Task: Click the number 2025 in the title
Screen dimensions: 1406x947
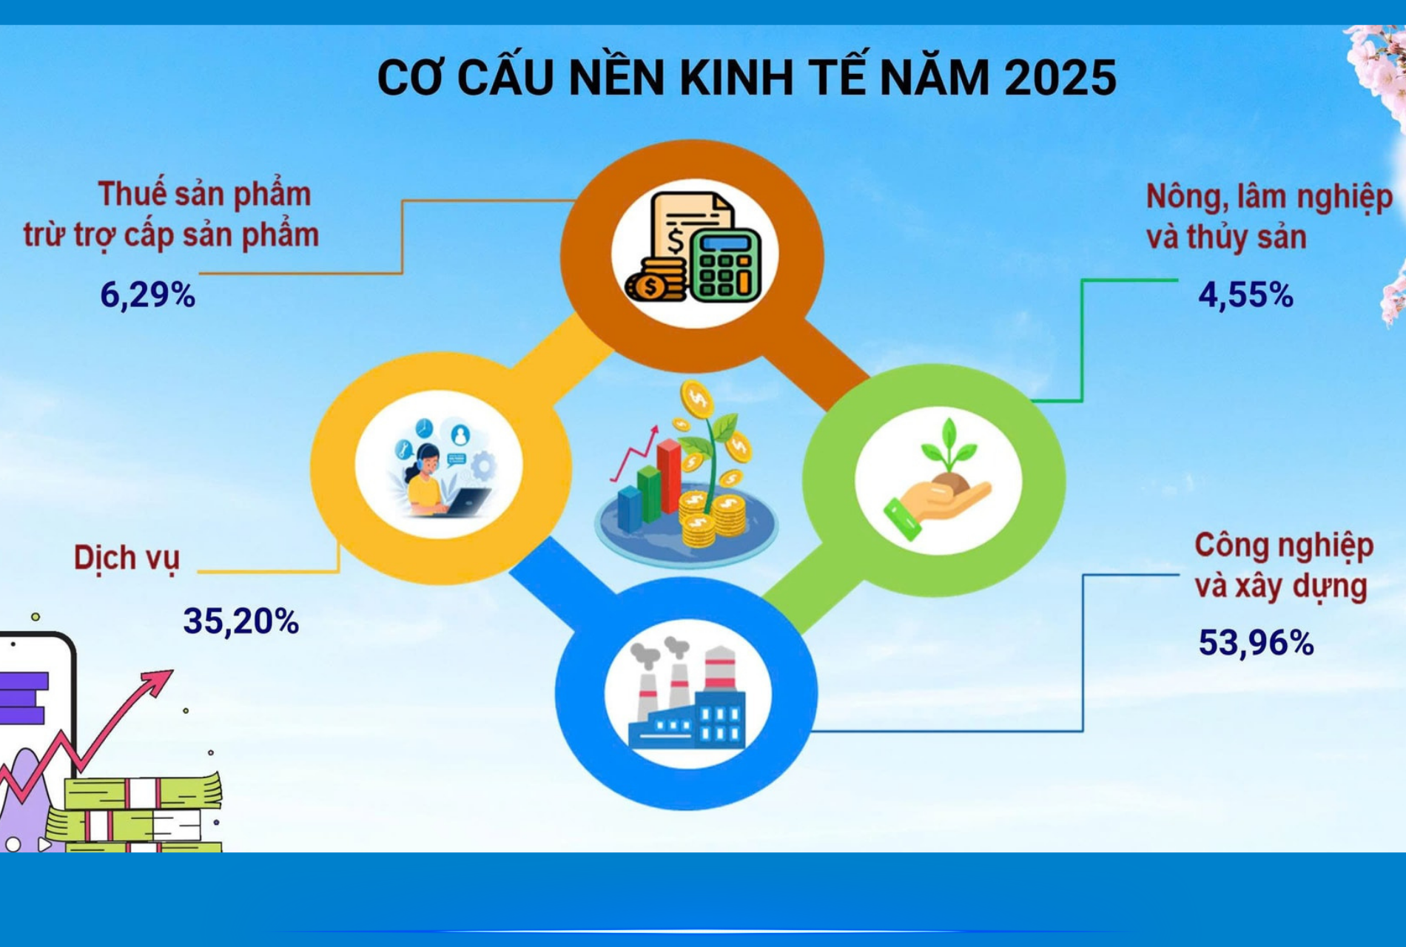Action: [x=1060, y=77]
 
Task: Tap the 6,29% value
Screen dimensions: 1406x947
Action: [x=147, y=295]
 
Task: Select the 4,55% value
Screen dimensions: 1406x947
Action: [x=1245, y=295]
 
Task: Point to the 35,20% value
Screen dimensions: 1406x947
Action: [x=240, y=621]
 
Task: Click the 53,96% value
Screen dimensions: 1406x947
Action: [x=1256, y=642]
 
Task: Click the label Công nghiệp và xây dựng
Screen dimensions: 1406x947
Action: [x=1283, y=566]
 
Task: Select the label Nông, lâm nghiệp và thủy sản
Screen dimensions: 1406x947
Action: [x=1269, y=217]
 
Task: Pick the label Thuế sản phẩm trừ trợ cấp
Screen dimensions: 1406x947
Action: [x=171, y=215]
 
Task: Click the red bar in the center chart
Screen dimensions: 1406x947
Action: [x=669, y=476]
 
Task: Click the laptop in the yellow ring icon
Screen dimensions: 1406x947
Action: [x=465, y=502]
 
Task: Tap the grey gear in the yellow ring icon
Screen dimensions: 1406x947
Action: [x=484, y=467]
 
